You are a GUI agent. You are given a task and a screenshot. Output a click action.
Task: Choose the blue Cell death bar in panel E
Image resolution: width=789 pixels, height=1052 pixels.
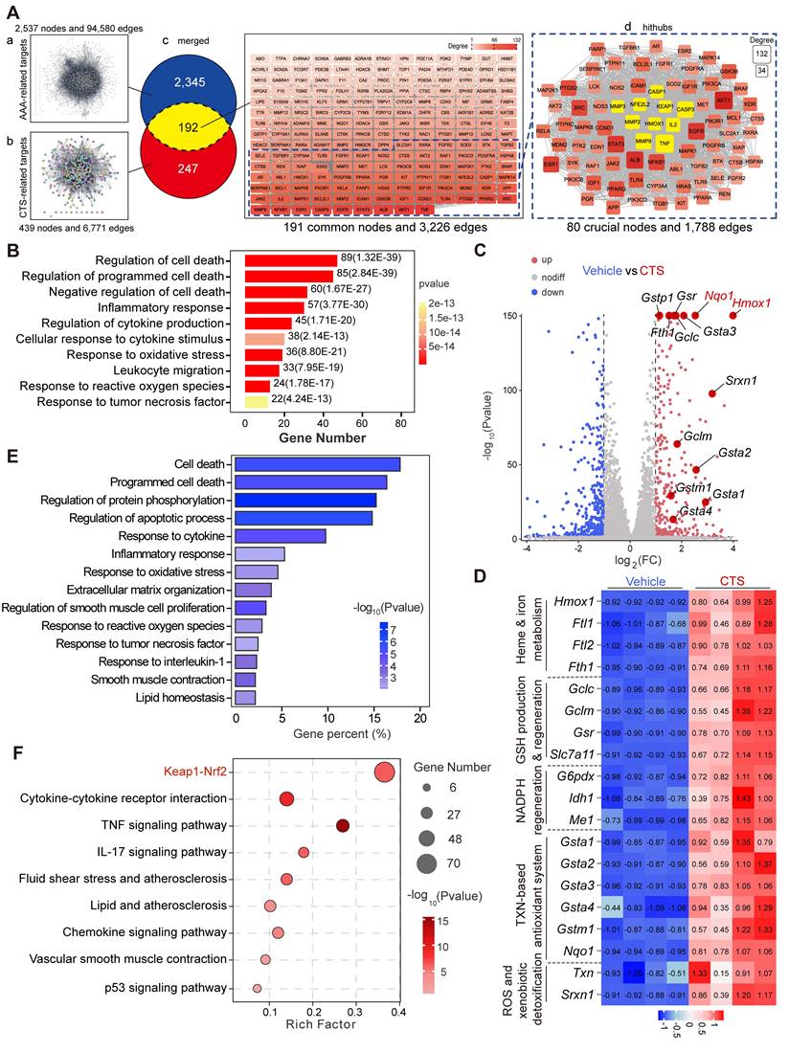pyautogui.click(x=317, y=464)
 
